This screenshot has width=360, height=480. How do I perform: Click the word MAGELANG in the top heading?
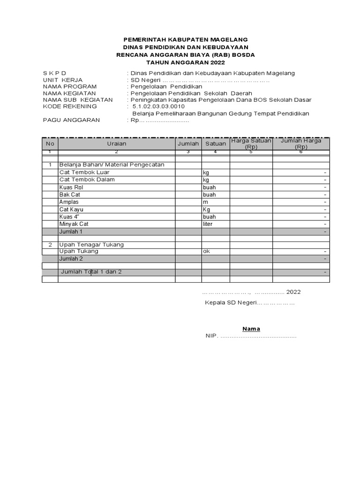click(x=225, y=39)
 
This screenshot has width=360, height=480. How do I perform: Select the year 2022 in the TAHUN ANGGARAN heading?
click(x=217, y=62)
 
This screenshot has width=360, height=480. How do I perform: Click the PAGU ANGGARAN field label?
click(x=71, y=120)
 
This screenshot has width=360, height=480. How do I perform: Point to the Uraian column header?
click(x=116, y=143)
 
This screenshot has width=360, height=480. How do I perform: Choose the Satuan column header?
click(x=216, y=143)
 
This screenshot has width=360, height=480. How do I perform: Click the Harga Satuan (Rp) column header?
click(x=251, y=143)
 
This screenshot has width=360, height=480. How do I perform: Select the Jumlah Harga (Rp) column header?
click(x=300, y=143)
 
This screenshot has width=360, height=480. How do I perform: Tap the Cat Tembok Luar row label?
click(x=84, y=172)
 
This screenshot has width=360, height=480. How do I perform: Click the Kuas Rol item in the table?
click(x=71, y=187)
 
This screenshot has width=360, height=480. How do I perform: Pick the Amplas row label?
click(x=69, y=202)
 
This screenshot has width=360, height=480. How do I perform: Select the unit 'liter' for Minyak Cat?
click(x=208, y=224)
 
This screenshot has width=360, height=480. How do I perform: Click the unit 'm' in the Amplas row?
click(x=205, y=202)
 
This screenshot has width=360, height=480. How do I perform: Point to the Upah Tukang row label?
click(x=79, y=251)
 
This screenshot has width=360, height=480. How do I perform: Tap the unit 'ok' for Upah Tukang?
click(x=206, y=251)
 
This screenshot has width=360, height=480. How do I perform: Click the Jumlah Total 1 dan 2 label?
click(x=91, y=272)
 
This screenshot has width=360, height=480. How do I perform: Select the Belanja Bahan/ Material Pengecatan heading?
click(x=112, y=165)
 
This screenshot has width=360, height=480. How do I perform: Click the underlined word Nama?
click(x=251, y=329)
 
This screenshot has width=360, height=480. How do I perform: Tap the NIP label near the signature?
click(x=211, y=336)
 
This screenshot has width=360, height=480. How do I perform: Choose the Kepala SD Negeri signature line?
click(x=250, y=303)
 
